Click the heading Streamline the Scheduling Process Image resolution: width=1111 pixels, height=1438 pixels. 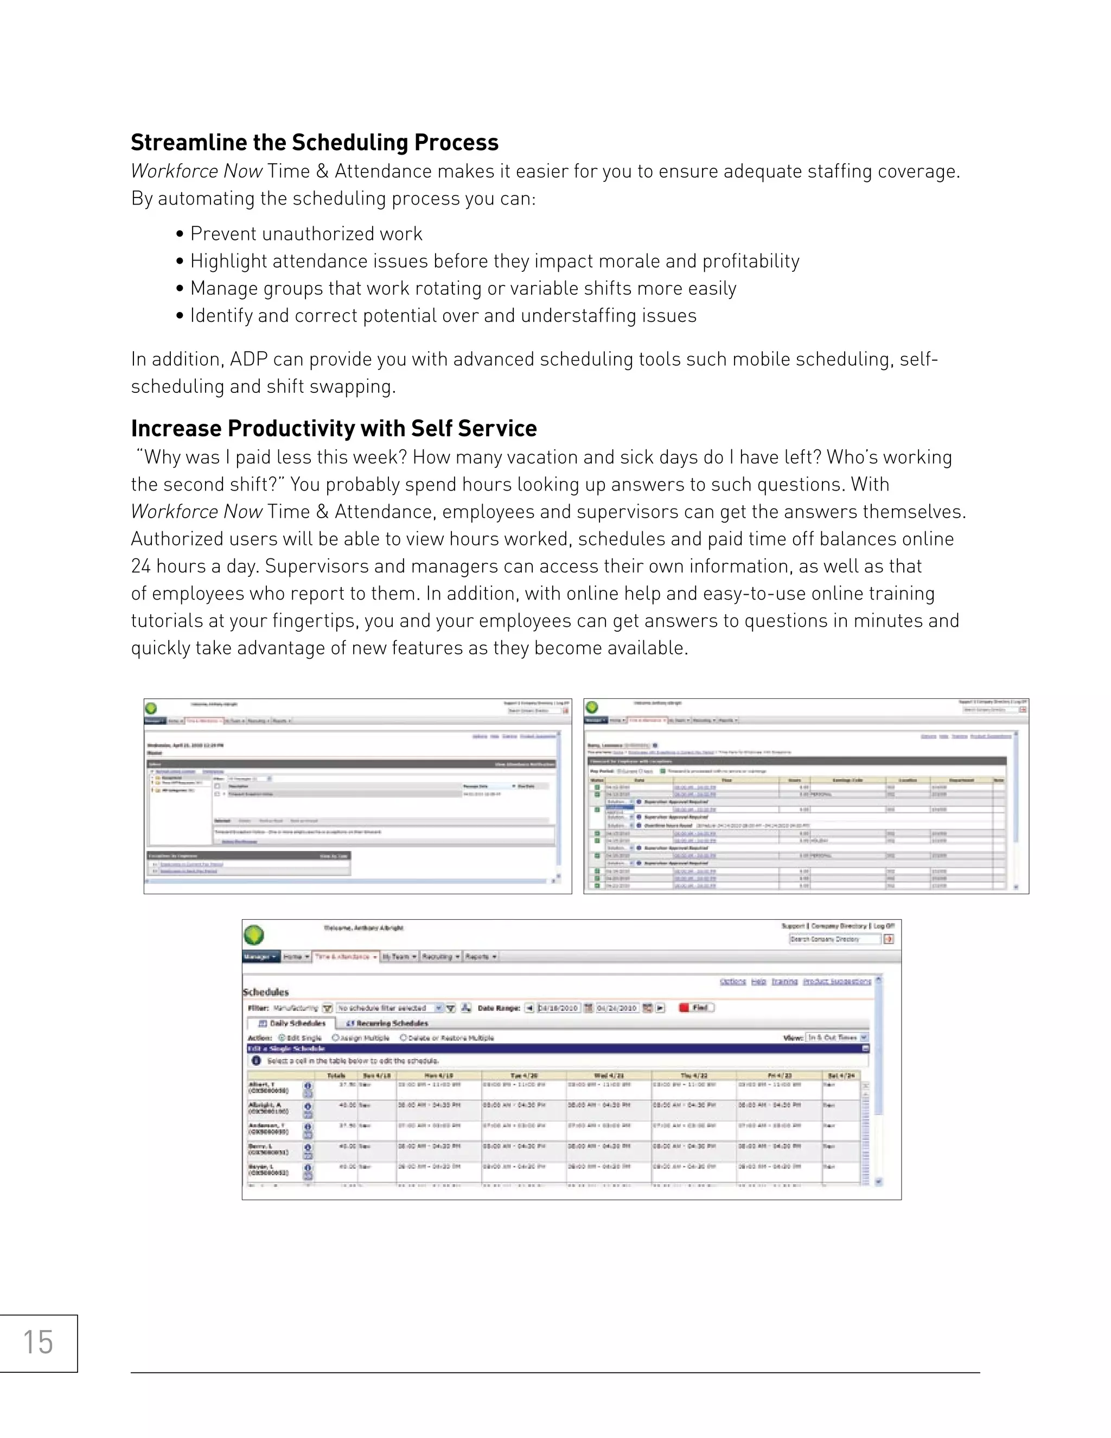(x=314, y=143)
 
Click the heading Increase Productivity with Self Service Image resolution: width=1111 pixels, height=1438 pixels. (x=333, y=429)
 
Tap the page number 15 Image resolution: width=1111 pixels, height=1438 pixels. (x=37, y=1342)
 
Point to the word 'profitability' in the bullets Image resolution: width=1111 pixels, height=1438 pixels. (x=750, y=262)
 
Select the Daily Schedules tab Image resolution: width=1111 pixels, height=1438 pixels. (x=292, y=1023)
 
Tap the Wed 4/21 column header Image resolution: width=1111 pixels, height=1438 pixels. (x=608, y=1075)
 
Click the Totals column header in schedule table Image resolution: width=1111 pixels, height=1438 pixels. (x=336, y=1075)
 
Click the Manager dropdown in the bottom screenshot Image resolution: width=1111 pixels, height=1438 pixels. (x=260, y=957)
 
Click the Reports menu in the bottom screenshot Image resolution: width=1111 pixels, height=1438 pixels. (x=481, y=957)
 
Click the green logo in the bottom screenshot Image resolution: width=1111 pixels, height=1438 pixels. (x=254, y=935)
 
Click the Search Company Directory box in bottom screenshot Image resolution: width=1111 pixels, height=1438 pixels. (x=834, y=939)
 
